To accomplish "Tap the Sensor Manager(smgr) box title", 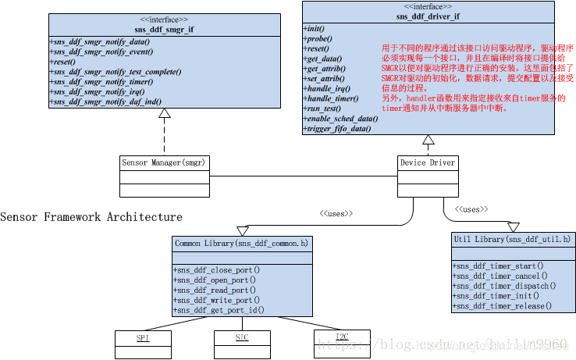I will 165,163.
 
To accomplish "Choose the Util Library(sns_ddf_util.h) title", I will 512,237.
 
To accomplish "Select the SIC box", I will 242,338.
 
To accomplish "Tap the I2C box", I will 341,338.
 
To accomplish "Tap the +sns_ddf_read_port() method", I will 217,290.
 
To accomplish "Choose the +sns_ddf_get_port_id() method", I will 220,310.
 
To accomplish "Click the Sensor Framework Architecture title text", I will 91,216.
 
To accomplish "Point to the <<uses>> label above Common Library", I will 336,212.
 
